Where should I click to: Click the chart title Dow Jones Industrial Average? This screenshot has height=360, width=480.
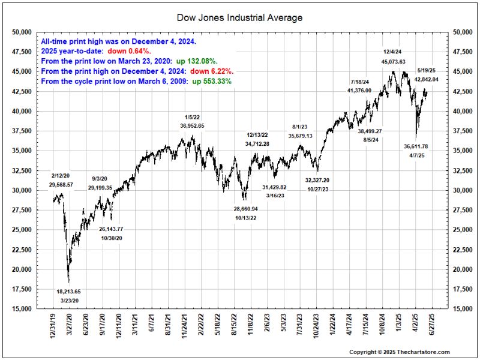pyautogui.click(x=240, y=17)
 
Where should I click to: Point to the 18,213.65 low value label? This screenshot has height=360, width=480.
pyautogui.click(x=68, y=291)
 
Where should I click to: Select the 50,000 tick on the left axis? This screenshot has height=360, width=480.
pyautogui.click(x=23, y=31)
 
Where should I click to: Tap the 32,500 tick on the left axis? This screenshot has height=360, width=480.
pyautogui.click(x=23, y=170)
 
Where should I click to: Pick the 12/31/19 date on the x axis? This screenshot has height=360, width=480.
pyautogui.click(x=53, y=327)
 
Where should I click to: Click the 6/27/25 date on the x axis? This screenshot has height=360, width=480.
pyautogui.click(x=431, y=327)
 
